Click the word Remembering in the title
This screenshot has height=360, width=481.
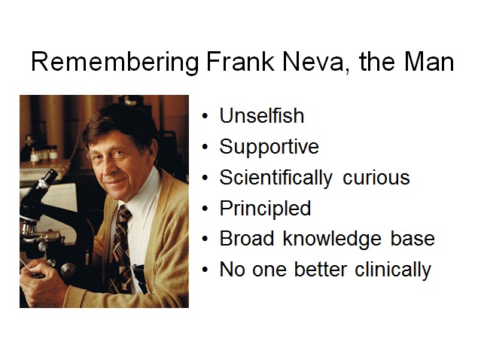pyautogui.click(x=115, y=63)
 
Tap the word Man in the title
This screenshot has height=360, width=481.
pyautogui.click(x=429, y=62)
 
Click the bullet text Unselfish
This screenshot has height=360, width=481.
pyautogui.click(x=262, y=115)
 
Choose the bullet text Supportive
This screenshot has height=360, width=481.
pyautogui.click(x=269, y=148)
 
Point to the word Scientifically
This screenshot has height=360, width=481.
pyautogui.click(x=276, y=178)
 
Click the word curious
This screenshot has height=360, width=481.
pyautogui.click(x=376, y=178)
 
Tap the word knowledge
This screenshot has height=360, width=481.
pyautogui.click(x=332, y=239)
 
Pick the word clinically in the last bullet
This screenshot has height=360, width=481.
pyautogui.click(x=393, y=270)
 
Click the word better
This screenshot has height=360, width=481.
pyautogui.click(x=321, y=270)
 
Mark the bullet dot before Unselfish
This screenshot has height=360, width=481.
pyautogui.click(x=205, y=116)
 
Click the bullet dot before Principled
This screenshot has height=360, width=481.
pyautogui.click(x=205, y=209)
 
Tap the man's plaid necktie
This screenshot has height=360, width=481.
pyautogui.click(x=121, y=249)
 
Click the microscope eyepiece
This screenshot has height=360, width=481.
pyautogui.click(x=49, y=177)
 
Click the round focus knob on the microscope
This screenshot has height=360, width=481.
pyautogui.click(x=68, y=270)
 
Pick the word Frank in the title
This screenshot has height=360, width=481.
pyautogui.click(x=240, y=62)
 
